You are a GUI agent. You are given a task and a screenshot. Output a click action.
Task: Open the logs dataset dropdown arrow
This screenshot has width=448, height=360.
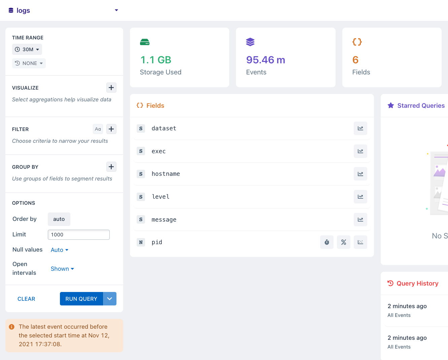116,10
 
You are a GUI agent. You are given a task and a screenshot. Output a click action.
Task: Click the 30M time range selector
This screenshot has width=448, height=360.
27,50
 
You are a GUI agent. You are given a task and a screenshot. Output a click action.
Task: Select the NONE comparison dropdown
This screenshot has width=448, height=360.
29,63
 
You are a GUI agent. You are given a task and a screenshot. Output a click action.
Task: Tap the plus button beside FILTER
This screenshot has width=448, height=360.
111,129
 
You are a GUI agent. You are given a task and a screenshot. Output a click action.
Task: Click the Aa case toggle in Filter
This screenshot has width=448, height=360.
98,129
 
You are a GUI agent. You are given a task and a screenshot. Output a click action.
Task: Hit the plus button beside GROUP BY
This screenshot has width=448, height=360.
111,167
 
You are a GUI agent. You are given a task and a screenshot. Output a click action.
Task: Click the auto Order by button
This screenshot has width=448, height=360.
59,219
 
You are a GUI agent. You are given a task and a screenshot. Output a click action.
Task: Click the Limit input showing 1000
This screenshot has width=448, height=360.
79,235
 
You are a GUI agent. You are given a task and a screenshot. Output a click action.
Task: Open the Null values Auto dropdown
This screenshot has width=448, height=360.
60,250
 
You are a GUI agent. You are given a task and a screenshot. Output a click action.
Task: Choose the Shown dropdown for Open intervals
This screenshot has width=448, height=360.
62,269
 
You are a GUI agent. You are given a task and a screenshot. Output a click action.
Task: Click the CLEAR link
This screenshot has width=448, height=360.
26,299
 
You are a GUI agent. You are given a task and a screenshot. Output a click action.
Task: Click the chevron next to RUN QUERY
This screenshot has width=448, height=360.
110,299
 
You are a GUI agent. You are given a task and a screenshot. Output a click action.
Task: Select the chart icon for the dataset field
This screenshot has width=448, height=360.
360,128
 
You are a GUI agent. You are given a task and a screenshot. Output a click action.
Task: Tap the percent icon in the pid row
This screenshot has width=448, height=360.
344,242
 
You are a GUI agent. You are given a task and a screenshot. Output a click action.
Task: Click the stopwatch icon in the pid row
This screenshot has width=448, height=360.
327,242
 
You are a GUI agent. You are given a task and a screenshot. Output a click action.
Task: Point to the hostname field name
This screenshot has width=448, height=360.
166,174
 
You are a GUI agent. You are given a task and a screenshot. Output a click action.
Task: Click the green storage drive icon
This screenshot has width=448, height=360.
145,42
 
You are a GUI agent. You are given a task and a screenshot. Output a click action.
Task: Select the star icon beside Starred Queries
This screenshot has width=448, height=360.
391,105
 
